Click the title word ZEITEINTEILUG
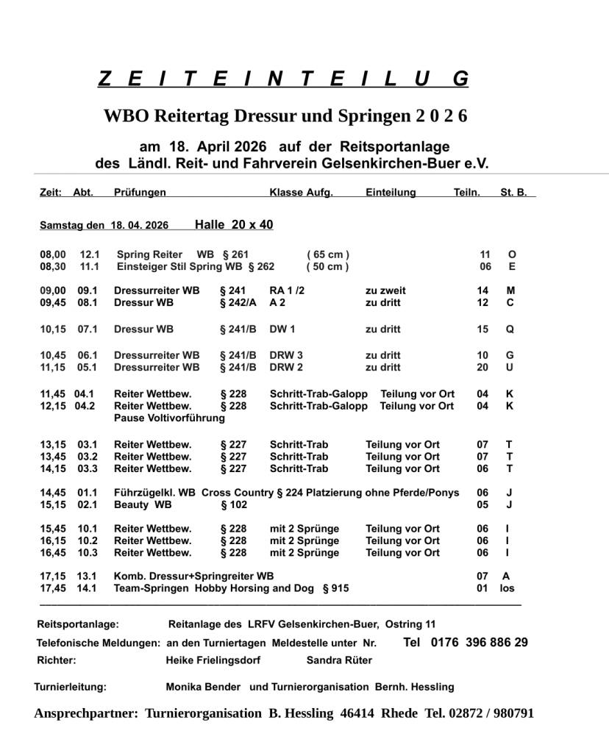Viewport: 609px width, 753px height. tap(282, 79)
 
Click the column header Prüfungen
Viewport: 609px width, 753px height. tap(140, 193)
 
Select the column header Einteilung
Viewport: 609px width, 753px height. tap(391, 193)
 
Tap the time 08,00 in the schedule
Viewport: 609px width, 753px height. tap(53, 254)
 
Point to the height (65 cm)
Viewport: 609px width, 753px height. tap(327, 254)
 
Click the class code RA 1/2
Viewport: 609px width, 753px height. tap(287, 290)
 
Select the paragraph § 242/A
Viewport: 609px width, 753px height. tap(238, 302)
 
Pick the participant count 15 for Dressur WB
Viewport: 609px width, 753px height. tap(482, 329)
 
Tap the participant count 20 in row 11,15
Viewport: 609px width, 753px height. tap(482, 368)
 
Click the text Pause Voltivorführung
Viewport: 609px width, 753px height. tap(169, 418)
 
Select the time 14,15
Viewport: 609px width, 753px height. tap(53, 468)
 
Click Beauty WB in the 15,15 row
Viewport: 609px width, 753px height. tap(143, 505)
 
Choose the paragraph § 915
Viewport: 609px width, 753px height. tap(335, 588)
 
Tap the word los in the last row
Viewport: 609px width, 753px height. tap(507, 588)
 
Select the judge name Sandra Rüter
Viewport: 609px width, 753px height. tap(339, 660)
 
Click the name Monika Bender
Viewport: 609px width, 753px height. tap(203, 687)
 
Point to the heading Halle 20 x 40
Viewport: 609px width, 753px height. tap(233, 225)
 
